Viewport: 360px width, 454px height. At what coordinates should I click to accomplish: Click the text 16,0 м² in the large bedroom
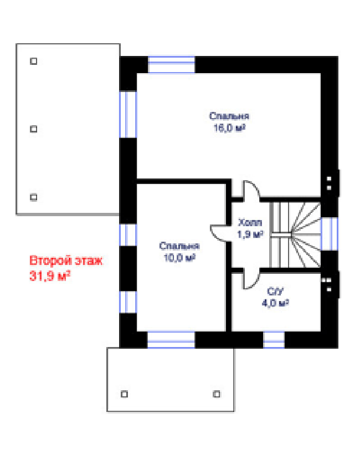point(229,128)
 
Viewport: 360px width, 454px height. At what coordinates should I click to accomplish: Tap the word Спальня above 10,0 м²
point(179,246)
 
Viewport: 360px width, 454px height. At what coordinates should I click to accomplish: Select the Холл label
point(250,223)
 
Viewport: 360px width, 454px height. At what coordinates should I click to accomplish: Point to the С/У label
point(275,291)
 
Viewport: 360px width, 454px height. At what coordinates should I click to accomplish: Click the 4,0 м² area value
point(275,303)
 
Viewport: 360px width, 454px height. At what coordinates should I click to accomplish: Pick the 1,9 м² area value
point(250,234)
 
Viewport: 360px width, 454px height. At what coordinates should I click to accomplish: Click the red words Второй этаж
point(66,261)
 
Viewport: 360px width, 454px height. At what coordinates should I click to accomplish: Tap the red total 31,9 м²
point(50,276)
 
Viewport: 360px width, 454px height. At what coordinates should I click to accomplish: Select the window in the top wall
point(171,64)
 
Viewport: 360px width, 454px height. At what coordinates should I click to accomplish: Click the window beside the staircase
point(330,234)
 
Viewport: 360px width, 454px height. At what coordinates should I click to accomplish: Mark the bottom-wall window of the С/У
point(274,340)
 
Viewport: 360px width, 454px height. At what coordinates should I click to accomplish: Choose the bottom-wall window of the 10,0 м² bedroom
point(171,340)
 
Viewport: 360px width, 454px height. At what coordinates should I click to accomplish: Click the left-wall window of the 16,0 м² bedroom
point(128,114)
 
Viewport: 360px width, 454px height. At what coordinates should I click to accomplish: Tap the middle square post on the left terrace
point(34,129)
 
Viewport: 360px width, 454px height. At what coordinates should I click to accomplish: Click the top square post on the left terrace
point(34,61)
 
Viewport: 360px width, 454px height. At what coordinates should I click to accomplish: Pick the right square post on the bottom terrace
point(217,394)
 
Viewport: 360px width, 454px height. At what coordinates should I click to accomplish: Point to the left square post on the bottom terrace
point(124,394)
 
